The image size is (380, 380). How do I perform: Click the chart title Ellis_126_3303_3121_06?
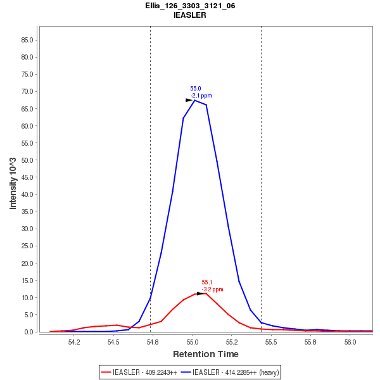coord(190,6)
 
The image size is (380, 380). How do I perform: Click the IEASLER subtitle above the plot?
coord(190,15)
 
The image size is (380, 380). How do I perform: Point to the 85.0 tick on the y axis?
coord(27,40)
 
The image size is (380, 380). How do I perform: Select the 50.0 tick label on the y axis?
coord(27,160)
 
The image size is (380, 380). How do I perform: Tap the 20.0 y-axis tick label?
coord(27,263)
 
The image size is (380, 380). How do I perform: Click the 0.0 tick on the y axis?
coord(29,332)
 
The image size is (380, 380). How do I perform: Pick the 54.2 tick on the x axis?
coord(74,342)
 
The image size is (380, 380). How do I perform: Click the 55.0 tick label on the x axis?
coord(193,342)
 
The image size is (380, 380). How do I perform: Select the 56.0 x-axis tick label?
coord(350,342)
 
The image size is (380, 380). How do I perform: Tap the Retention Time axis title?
coord(206,354)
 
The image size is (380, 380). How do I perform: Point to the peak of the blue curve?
coord(194,100)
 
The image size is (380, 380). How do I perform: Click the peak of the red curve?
coord(205,293)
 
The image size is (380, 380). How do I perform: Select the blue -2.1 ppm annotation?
coord(201,96)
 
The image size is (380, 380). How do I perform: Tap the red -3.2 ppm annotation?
coord(212,289)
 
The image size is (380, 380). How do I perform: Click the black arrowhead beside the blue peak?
coord(189,100)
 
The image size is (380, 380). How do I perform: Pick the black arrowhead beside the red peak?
coord(200,293)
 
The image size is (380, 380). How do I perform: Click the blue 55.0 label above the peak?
coord(196,89)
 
